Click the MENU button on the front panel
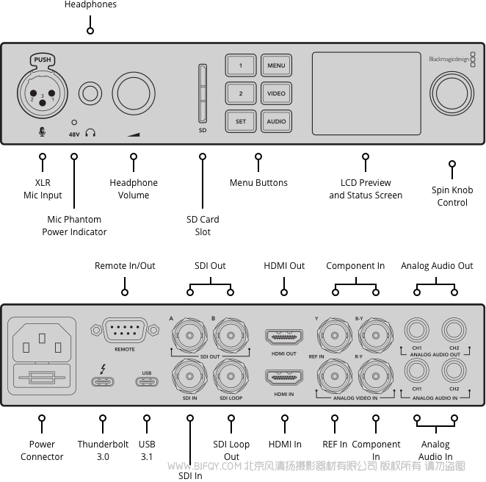point(276,66)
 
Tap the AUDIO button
point(276,121)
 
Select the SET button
point(240,121)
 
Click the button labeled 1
point(240,66)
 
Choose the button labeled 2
point(240,94)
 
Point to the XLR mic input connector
point(42,93)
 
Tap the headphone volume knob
point(133,94)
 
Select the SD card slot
point(203,93)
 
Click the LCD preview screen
point(366,93)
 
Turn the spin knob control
point(451,94)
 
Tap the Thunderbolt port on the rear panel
point(102,381)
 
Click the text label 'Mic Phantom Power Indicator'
point(74,226)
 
